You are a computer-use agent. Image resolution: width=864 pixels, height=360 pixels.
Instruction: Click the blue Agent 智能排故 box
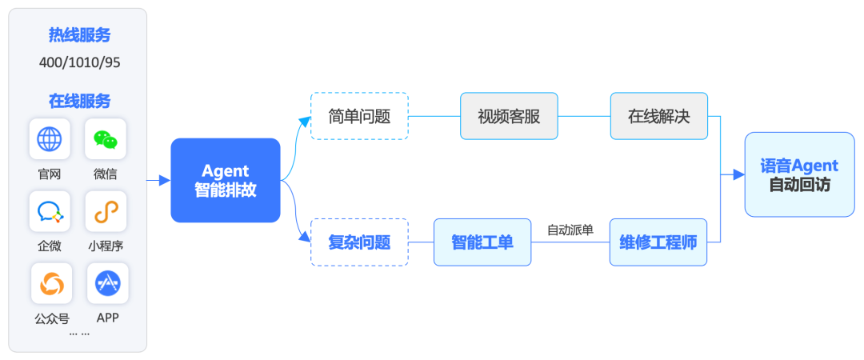point(226,180)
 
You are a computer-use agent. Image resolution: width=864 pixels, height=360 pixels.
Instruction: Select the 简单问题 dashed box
point(359,116)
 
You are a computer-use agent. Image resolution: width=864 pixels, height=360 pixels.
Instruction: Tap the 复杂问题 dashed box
point(359,242)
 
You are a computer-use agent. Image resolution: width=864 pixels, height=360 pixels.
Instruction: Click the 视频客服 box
point(509,116)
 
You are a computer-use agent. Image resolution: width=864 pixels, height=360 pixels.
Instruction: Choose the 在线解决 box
point(658,116)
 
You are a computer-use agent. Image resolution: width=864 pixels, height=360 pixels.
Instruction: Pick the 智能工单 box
point(482,242)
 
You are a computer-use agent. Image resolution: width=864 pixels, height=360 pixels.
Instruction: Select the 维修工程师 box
point(658,242)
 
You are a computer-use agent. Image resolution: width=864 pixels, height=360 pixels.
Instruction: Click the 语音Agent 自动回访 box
point(799,174)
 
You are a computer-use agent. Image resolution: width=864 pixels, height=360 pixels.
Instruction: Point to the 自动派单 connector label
point(570,230)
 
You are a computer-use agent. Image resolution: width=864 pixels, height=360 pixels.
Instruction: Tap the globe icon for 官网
point(50,140)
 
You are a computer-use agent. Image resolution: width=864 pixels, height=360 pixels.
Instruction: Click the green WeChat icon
point(106,140)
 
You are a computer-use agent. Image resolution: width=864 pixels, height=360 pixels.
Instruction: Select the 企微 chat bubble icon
point(50,212)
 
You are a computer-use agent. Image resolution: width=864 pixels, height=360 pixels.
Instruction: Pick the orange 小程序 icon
point(106,212)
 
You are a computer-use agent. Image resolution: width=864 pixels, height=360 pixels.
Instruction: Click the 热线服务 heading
point(79,35)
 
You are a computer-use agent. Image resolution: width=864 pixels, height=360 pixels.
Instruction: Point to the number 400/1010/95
point(79,62)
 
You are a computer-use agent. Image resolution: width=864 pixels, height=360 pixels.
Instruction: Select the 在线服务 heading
point(79,102)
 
